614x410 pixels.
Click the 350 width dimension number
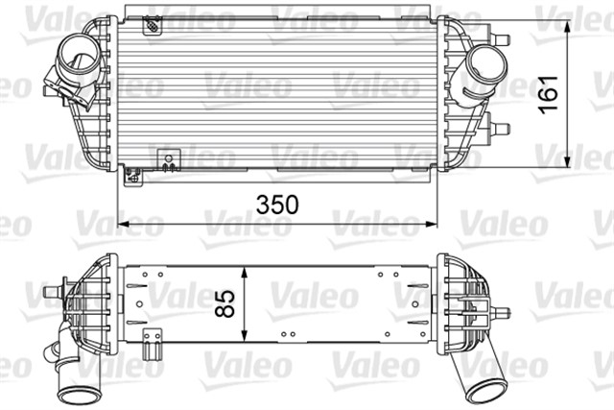click(276, 205)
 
